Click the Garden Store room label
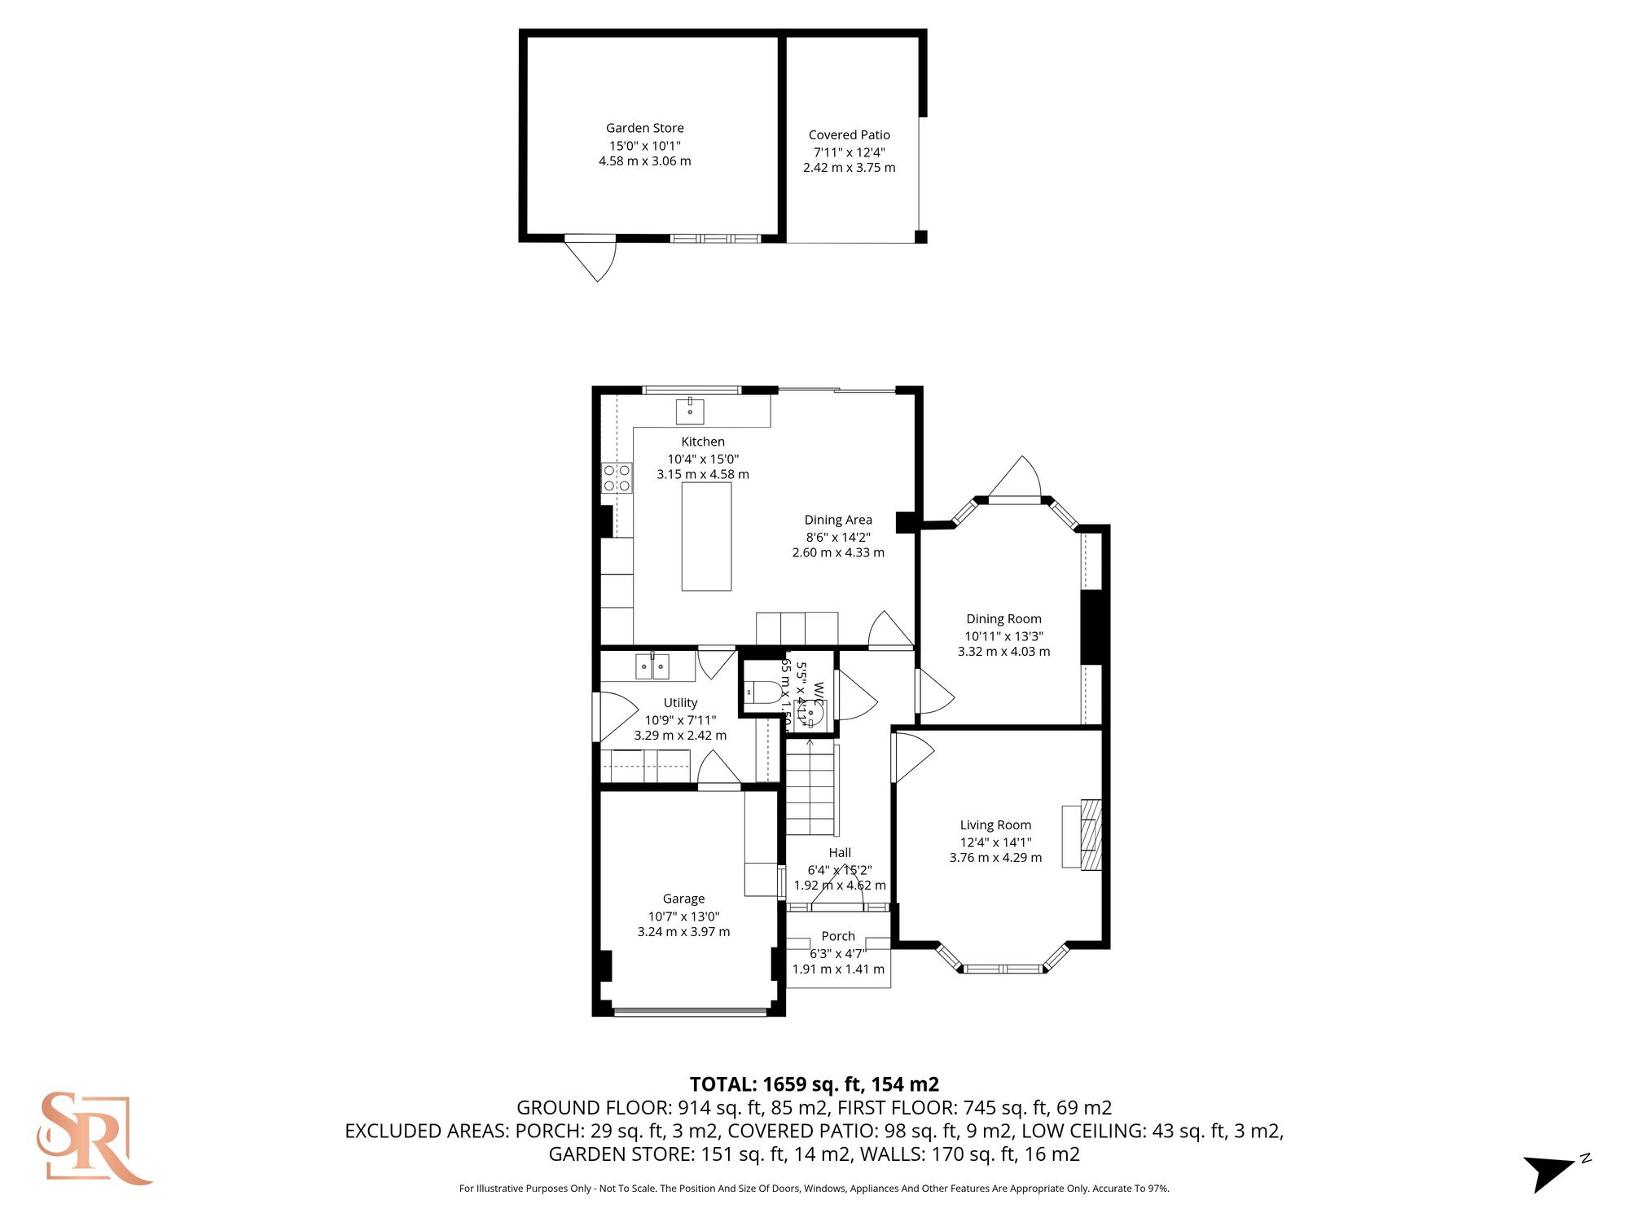[644, 128]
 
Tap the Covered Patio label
[849, 135]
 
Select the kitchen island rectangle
[706, 536]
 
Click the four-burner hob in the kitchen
[617, 477]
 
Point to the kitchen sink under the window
[690, 411]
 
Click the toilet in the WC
[762, 692]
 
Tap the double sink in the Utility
[652, 666]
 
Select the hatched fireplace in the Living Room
[1091, 835]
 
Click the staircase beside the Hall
[810, 794]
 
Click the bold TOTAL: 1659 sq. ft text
[814, 1084]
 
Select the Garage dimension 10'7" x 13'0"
[683, 916]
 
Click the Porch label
[838, 936]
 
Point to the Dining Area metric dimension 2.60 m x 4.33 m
[838, 552]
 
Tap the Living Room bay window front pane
[1003, 969]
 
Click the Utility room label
[680, 702]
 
